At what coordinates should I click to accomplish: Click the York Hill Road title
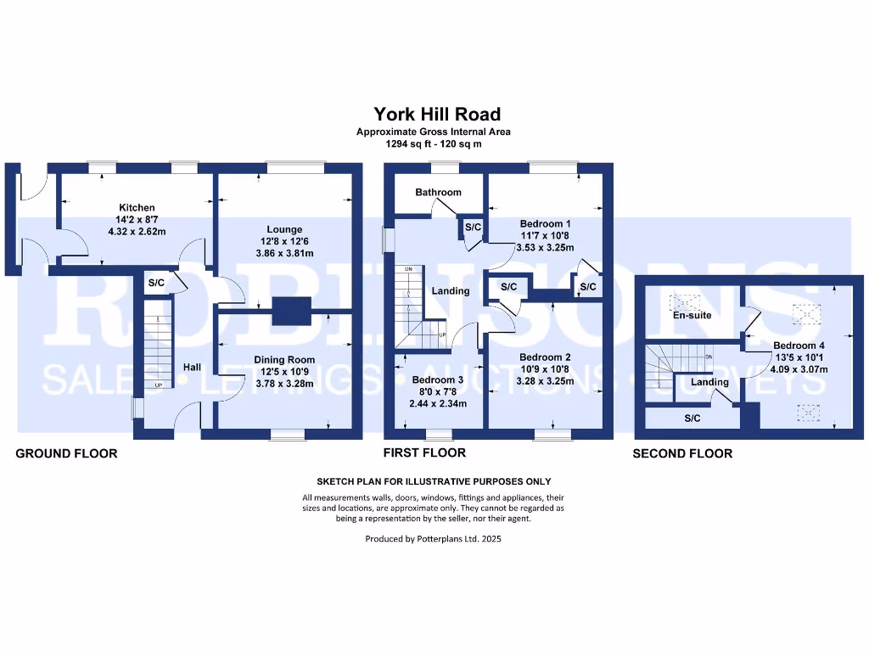(437, 115)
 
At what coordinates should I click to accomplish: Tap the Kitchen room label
(137, 207)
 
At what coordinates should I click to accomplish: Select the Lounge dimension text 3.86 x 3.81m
(285, 253)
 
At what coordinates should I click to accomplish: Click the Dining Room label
(284, 360)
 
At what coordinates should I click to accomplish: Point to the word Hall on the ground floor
(193, 367)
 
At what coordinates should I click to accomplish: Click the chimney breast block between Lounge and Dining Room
(292, 311)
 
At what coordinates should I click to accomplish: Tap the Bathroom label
(439, 193)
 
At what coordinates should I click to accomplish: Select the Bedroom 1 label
(546, 224)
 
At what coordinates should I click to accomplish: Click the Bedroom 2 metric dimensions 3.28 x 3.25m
(546, 381)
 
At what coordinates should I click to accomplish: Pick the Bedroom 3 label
(438, 379)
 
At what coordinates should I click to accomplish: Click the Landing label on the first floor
(451, 291)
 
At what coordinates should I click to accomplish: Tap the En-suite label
(692, 316)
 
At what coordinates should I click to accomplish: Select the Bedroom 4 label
(799, 346)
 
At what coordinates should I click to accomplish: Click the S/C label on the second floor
(692, 419)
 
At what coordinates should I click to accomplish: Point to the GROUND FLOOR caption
(66, 453)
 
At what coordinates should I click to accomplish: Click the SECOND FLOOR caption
(683, 453)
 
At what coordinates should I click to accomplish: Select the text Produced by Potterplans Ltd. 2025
(434, 539)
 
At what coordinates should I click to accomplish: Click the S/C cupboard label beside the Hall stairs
(156, 283)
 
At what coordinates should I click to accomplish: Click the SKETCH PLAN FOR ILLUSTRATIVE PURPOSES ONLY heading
(434, 482)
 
